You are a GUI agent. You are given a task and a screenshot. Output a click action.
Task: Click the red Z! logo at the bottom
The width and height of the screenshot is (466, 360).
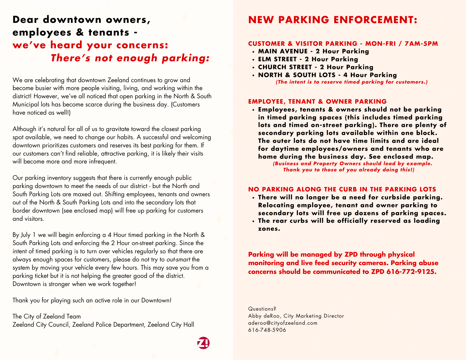tap(203, 343)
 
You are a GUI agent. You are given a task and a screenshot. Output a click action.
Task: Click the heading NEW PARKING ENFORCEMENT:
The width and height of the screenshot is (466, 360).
tap(332, 20)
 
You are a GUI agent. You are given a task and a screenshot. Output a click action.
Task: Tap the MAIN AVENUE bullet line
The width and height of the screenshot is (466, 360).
tap(313, 51)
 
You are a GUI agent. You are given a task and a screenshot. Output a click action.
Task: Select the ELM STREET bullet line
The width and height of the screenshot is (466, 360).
tap(308, 59)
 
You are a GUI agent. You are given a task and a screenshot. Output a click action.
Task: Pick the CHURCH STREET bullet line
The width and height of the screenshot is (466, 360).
tap(315, 67)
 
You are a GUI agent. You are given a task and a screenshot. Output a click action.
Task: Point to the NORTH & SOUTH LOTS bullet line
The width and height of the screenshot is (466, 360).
tap(327, 75)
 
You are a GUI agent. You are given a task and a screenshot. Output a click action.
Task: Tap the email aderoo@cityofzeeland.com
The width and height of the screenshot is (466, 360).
tap(283, 323)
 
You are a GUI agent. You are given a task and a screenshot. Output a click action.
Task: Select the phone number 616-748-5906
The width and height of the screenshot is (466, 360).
tap(267, 330)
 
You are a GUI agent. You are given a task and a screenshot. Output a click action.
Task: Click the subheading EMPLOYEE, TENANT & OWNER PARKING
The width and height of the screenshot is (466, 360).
tap(317, 102)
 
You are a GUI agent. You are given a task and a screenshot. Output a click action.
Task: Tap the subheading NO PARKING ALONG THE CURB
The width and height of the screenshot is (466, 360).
tap(342, 189)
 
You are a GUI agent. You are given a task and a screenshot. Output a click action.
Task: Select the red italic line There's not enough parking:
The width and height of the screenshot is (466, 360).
tap(130, 58)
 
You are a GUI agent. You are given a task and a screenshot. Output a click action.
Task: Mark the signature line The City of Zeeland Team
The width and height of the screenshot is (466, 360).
tap(47, 317)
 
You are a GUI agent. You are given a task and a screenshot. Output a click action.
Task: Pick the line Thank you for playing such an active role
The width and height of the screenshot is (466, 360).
tap(92, 300)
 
